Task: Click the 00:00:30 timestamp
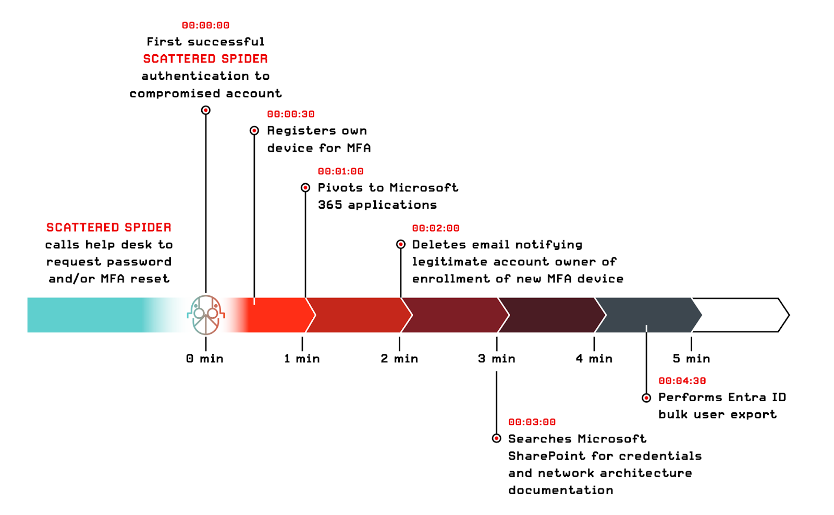click(x=291, y=114)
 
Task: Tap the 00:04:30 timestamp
click(x=682, y=381)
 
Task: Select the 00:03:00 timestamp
click(x=532, y=422)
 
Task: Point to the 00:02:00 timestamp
click(x=436, y=229)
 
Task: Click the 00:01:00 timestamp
click(x=341, y=171)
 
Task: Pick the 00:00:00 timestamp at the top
click(x=206, y=25)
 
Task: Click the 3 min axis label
click(x=497, y=358)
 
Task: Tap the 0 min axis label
click(x=205, y=358)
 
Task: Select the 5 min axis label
click(x=691, y=358)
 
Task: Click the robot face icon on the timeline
click(x=206, y=315)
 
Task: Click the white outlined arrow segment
click(x=740, y=315)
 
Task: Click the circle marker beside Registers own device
click(x=254, y=130)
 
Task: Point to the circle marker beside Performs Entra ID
click(x=646, y=398)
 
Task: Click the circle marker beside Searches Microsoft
click(x=497, y=438)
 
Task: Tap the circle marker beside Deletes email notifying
click(x=401, y=244)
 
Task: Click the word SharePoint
click(x=547, y=456)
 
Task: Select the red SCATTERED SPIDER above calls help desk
click(x=109, y=227)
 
